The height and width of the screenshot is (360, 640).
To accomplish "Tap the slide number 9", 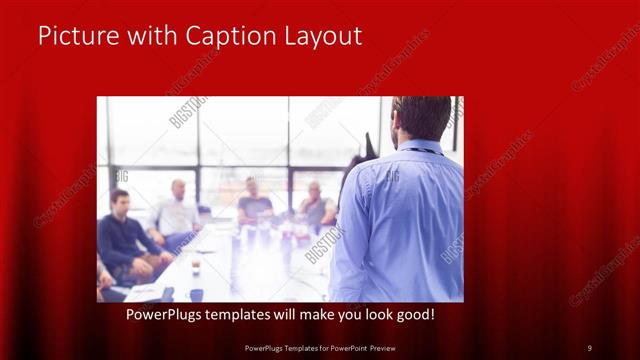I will click(589, 347).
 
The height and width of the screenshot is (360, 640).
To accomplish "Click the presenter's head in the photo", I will click(422, 117).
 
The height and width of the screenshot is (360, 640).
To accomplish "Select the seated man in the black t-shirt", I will click(254, 205).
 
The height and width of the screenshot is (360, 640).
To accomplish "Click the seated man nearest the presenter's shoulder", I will click(317, 207).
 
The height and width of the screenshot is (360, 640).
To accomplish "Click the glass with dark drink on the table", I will click(196, 266).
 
